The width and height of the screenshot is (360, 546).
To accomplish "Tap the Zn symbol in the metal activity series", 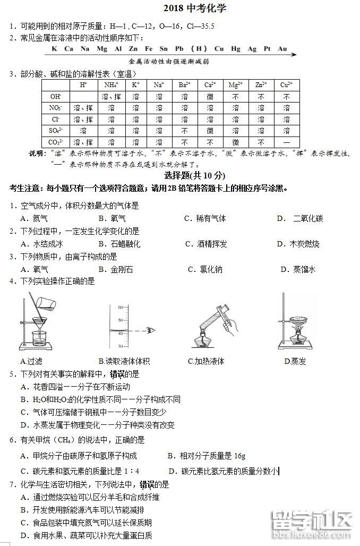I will tap(133, 49).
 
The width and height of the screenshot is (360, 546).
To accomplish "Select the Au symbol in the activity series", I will tap(282, 49).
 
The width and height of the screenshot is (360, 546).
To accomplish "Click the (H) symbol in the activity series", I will tap(199, 49).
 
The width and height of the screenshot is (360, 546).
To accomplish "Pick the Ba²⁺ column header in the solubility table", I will tap(184, 84).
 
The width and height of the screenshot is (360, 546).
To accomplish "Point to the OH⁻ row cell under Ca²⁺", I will tap(210, 97).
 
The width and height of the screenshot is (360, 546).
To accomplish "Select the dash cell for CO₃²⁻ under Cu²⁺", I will tap(286, 142).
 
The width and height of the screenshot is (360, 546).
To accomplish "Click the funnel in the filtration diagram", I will tap(38, 322).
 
